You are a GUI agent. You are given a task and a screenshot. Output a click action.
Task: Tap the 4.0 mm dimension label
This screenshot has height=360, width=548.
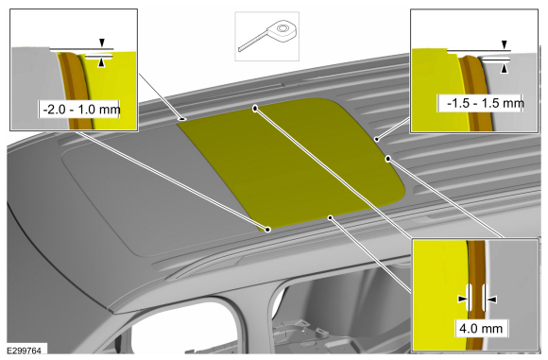(481, 328)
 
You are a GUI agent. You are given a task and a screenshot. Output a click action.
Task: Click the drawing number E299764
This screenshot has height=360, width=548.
(25, 351)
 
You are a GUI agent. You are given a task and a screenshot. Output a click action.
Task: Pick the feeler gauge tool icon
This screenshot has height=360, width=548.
(268, 36)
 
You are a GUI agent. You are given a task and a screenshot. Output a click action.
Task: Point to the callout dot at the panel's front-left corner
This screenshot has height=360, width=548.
(267, 230)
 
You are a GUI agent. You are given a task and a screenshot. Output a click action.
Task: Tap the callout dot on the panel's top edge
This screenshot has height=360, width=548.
(255, 109)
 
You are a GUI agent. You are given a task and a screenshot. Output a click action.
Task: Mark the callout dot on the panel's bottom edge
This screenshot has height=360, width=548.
(331, 217)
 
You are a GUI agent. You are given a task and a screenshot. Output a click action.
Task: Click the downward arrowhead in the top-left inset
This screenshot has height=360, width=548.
(102, 43)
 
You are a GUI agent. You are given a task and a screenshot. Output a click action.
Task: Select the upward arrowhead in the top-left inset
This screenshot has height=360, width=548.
(101, 63)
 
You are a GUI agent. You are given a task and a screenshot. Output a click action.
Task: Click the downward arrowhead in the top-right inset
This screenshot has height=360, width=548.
(504, 44)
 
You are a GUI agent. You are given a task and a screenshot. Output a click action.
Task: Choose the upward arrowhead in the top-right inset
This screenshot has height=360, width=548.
(504, 69)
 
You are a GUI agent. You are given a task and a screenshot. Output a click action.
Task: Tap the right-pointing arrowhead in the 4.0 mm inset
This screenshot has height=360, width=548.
(462, 299)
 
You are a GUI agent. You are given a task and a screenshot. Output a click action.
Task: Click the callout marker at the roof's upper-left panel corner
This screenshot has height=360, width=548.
(182, 119)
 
